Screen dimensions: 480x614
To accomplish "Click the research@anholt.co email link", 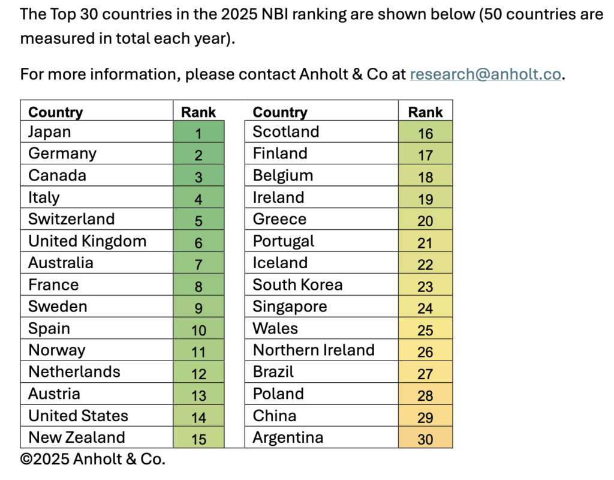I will [486, 74].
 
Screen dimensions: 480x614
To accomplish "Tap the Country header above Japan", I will [56, 112].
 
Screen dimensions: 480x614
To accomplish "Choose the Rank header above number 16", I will [425, 112].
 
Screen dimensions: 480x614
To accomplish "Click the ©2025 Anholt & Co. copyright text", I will [92, 460].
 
